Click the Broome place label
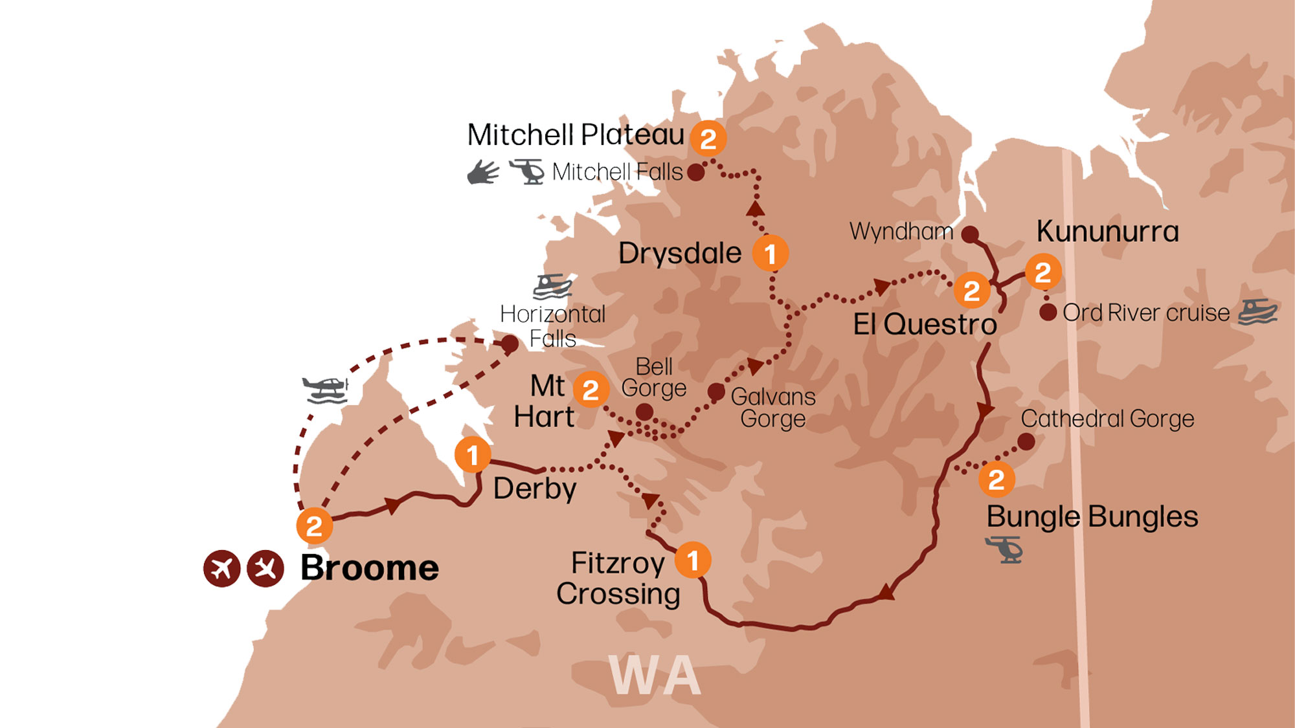pos(370,568)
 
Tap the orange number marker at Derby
pos(473,455)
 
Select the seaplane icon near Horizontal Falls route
pos(326,390)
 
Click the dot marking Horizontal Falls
pos(510,344)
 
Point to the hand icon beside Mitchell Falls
pos(483,172)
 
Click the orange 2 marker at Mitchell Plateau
pos(708,138)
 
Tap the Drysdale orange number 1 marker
pos(770,254)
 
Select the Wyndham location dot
pos(969,234)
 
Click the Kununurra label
pos(1107,232)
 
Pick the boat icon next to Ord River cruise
pos(1257,311)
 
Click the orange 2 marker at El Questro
pos(971,291)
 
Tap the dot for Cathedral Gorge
pos(1026,442)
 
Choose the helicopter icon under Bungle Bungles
pos(1004,549)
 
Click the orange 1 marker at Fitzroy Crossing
pos(692,560)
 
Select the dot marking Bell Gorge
pos(644,412)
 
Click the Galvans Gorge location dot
pos(715,392)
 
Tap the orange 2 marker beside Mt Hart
pos(591,390)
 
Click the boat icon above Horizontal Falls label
pos(552,286)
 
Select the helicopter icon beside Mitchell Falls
pos(527,171)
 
